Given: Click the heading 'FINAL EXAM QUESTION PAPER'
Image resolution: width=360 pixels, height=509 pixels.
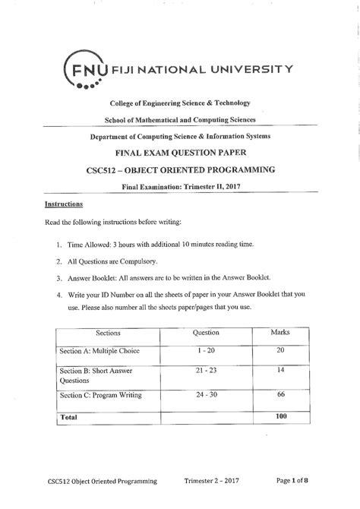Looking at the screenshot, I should point(180,151).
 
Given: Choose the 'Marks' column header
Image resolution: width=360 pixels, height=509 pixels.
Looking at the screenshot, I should point(280,332).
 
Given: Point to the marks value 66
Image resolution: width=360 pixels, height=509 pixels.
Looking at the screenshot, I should point(280,395).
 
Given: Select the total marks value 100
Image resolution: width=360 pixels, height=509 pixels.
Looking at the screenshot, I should point(280,416).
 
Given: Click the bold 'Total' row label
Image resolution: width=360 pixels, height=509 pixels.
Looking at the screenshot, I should point(70,417).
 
